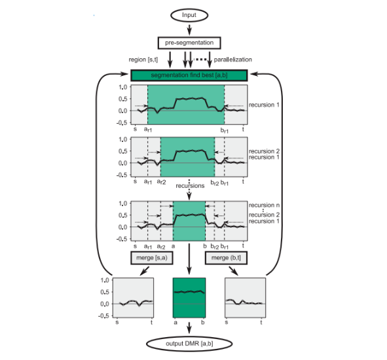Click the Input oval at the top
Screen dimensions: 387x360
click(189, 15)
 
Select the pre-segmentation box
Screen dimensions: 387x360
click(189, 43)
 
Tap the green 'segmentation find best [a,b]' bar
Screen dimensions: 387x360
click(189, 75)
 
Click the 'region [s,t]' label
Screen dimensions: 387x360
click(143, 60)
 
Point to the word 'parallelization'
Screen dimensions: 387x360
click(232, 60)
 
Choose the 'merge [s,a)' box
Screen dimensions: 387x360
click(152, 258)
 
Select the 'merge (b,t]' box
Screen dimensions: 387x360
click(226, 258)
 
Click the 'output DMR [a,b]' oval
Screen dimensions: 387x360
click(189, 344)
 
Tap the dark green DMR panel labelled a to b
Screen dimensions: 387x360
click(189, 298)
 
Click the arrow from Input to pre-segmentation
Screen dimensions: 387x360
click(189, 29)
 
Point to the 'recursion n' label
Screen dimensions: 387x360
click(264, 205)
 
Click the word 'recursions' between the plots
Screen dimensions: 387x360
click(190, 185)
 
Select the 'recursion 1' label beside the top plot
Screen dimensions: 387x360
click(264, 105)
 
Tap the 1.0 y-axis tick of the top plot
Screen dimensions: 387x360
click(122, 87)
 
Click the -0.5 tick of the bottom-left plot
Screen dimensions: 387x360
click(104, 316)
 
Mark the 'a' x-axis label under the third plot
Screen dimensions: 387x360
click(173, 246)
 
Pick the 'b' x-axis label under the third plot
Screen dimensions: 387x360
click(205, 246)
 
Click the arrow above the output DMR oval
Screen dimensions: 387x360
click(189, 328)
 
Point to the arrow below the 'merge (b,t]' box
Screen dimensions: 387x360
click(234, 271)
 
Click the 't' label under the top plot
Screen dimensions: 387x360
click(243, 129)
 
